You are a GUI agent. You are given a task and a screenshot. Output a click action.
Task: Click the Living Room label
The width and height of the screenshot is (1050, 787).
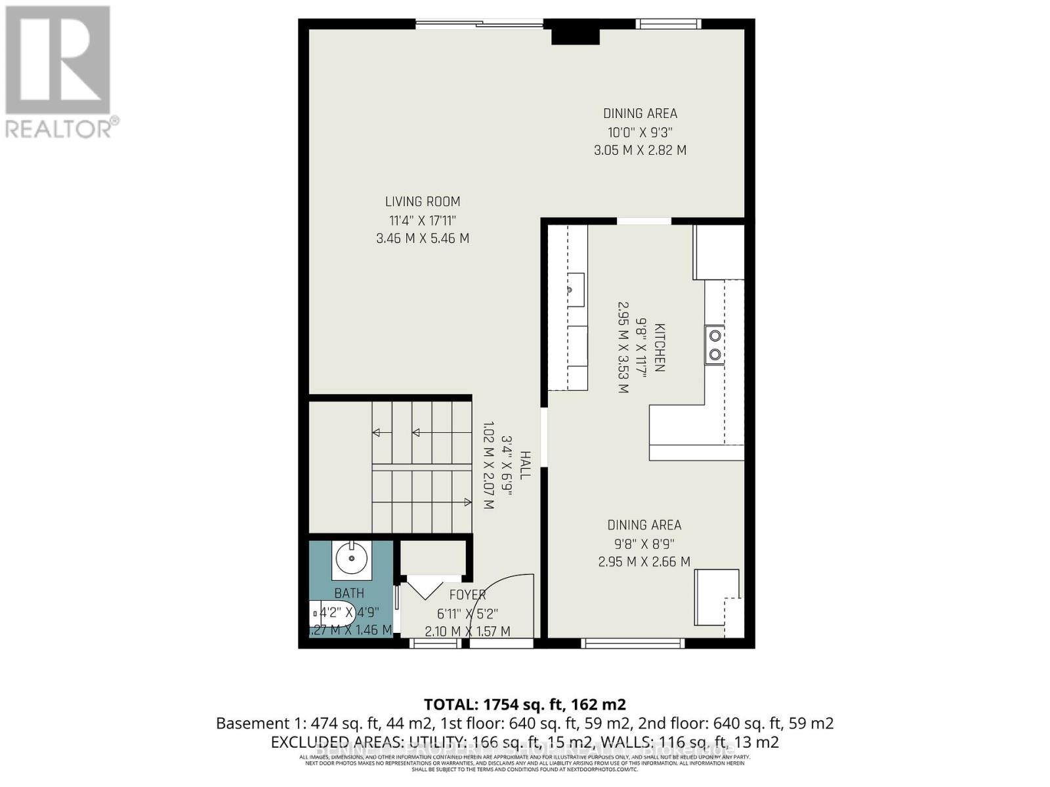click(422, 202)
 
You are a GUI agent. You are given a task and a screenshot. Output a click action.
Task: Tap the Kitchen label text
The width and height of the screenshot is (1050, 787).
click(659, 348)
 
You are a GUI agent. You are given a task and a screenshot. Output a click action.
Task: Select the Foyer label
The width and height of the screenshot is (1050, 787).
click(467, 595)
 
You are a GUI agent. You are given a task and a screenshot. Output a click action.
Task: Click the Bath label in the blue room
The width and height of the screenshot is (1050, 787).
click(349, 594)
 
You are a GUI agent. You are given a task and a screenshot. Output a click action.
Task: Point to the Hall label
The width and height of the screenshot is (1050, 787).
click(526, 464)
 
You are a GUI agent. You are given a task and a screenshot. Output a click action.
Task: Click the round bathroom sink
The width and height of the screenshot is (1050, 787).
click(351, 559)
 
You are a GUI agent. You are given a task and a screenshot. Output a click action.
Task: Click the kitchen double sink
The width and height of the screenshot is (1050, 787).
click(715, 345)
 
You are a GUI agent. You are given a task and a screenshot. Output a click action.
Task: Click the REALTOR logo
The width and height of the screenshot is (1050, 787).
click(59, 72)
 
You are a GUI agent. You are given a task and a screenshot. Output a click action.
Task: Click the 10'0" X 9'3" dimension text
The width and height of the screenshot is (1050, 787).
click(640, 132)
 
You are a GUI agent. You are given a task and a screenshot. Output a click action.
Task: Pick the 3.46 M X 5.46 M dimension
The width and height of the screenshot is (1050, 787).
click(422, 239)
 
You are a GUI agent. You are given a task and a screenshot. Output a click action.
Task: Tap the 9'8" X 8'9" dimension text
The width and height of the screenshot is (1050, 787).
click(644, 544)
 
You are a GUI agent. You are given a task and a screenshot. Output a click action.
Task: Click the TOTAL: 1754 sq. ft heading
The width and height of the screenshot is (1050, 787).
click(524, 704)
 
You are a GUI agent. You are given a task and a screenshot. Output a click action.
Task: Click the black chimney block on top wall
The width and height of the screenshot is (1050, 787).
click(575, 33)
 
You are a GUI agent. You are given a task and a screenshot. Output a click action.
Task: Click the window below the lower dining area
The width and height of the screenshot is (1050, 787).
click(633, 643)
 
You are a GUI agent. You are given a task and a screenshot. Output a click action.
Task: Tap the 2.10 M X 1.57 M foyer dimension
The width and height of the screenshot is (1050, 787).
click(467, 632)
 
